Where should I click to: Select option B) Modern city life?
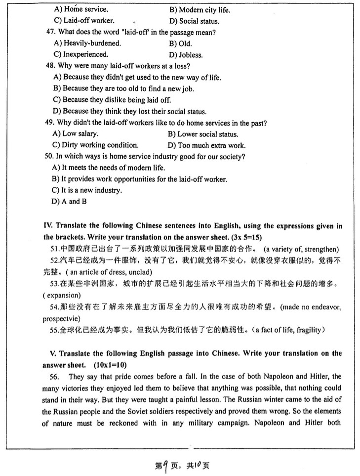click(200, 10)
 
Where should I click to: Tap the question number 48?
click(49, 66)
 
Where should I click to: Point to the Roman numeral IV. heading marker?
click(48, 225)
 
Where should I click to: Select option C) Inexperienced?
click(80, 54)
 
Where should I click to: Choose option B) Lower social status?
click(203, 134)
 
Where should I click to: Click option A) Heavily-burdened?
click(86, 43)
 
